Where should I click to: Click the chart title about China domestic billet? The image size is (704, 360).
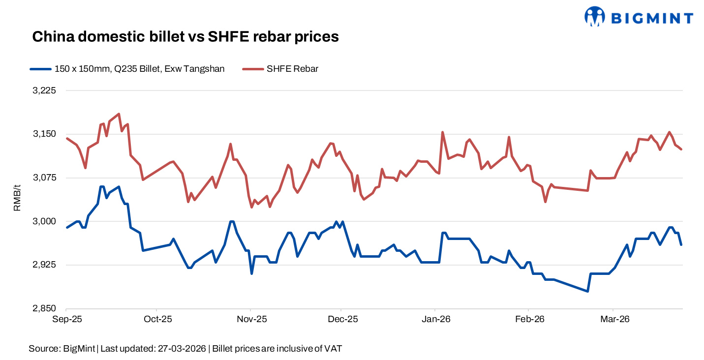point(185,37)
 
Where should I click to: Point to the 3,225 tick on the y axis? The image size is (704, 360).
point(45,90)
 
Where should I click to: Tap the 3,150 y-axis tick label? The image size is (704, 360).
point(45,134)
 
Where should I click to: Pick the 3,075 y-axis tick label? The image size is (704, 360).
point(45,178)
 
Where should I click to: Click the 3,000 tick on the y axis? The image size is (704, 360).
point(45,221)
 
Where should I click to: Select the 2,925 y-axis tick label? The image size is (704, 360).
point(45,265)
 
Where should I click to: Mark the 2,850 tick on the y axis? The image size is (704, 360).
point(45,309)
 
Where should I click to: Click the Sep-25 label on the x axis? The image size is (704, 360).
point(67,319)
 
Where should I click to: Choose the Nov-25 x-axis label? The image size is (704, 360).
point(251,319)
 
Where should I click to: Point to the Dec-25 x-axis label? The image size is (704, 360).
point(342,319)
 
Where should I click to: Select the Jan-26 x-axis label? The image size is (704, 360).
point(435,319)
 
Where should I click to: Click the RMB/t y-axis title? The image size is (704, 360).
point(17,198)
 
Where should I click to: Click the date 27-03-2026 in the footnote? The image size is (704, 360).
point(183,349)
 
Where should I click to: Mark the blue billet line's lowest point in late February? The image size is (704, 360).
point(587,291)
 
